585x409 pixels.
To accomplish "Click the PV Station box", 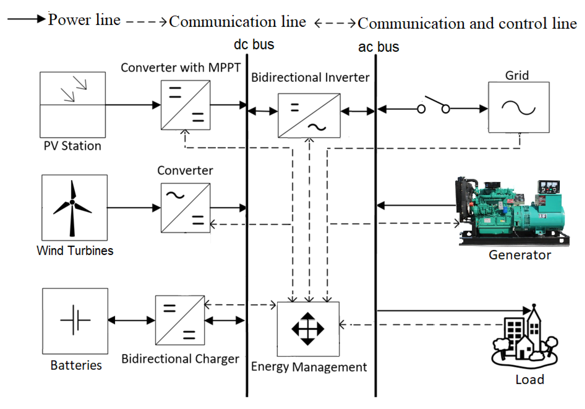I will click(x=73, y=105).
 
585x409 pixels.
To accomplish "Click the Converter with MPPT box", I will click(x=185, y=105).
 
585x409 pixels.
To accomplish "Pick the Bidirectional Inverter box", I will click(x=309, y=115).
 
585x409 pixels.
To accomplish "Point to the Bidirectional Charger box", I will click(x=180, y=320).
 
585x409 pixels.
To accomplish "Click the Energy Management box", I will click(x=308, y=329).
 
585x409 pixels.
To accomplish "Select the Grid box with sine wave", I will click(x=519, y=107).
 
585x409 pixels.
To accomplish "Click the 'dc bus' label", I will click(x=254, y=44).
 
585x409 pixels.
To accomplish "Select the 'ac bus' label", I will click(x=378, y=47).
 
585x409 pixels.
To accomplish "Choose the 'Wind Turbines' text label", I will click(x=75, y=250).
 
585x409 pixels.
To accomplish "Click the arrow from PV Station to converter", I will click(x=133, y=105).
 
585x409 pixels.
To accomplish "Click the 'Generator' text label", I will click(x=520, y=255).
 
